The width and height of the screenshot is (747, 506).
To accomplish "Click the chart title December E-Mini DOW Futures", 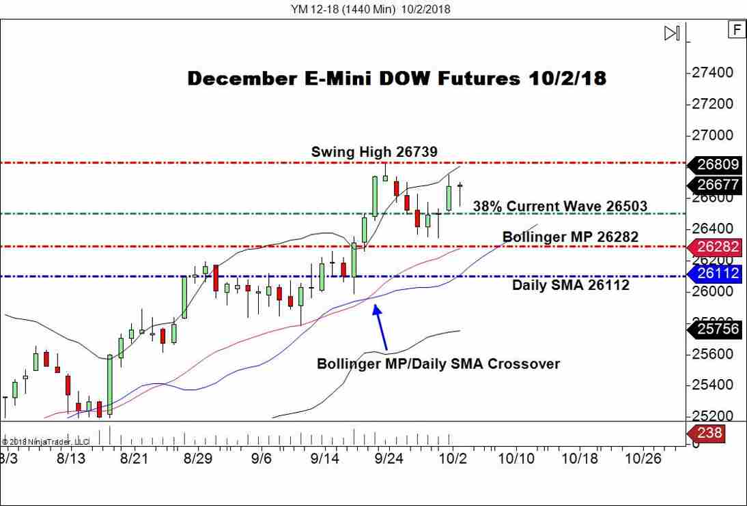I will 396,78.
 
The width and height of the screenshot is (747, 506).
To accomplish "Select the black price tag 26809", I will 719,164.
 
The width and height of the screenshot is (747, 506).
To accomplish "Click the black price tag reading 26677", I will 719,184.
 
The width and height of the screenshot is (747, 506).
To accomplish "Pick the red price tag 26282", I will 719,247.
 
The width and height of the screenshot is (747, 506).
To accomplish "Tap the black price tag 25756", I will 719,330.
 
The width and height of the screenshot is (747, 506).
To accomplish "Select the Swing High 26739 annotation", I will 374,151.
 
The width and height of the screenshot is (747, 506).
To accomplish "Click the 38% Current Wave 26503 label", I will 560,206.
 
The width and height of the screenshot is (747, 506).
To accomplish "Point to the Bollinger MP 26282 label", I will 570,237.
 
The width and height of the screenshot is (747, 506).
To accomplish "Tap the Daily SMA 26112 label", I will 571,285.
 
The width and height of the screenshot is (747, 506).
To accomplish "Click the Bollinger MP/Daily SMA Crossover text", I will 438,363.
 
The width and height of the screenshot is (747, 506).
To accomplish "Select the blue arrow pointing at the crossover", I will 381,327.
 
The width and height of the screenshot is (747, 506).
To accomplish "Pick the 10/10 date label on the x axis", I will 516,459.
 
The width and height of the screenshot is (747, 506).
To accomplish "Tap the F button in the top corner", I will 736,29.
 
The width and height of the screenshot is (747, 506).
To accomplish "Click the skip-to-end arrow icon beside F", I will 672,33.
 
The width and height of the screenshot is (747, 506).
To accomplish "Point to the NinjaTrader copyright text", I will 41,441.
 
